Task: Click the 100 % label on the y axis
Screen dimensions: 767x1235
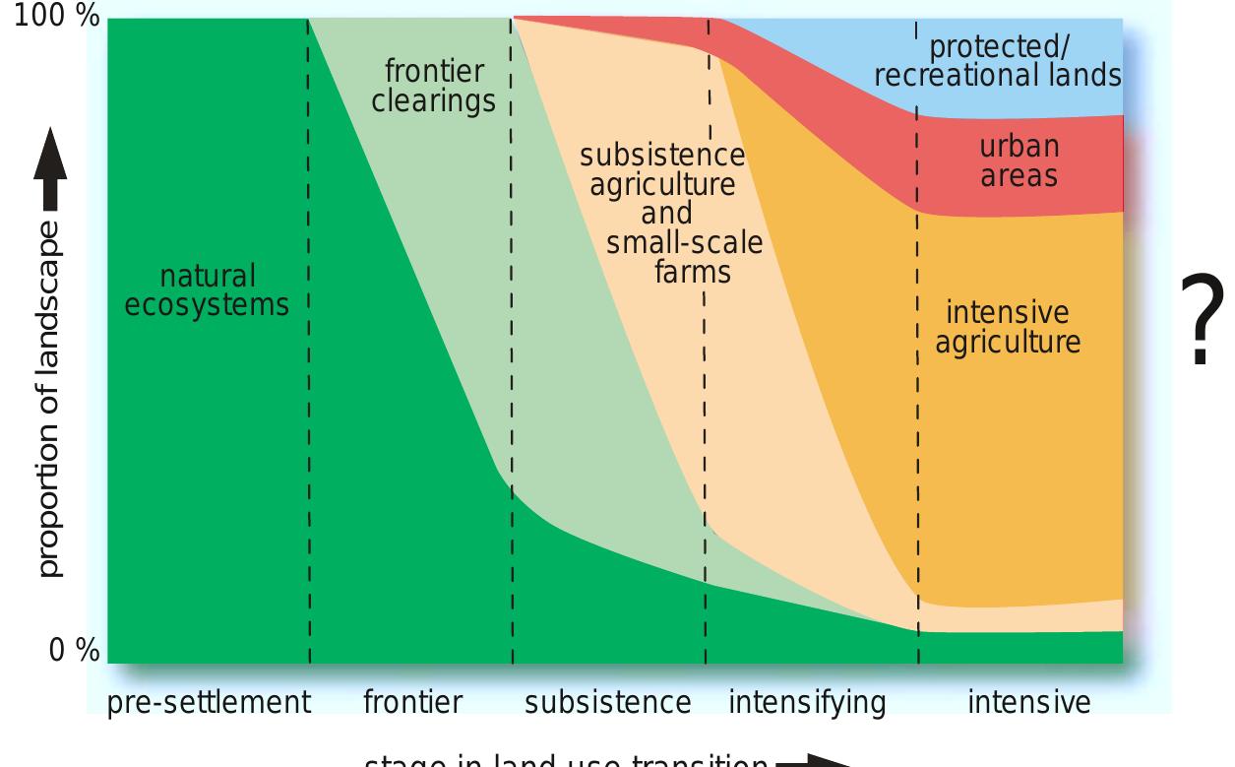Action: [x=56, y=21]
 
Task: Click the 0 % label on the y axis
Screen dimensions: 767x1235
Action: [x=74, y=651]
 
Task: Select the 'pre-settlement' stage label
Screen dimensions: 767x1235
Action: [x=208, y=703]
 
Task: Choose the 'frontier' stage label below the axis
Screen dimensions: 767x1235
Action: [x=412, y=703]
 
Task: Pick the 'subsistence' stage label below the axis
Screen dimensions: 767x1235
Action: [x=607, y=703]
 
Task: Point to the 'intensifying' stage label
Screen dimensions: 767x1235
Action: [x=807, y=703]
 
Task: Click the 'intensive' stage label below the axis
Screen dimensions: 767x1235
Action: [x=1028, y=703]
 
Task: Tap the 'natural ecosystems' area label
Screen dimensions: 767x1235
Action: [x=207, y=290]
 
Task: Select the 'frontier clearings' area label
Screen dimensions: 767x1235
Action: [x=433, y=87]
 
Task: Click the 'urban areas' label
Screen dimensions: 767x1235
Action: [x=1019, y=160]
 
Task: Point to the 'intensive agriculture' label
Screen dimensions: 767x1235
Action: [x=1007, y=327]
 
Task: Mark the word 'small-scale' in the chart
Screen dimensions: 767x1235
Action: [x=684, y=242]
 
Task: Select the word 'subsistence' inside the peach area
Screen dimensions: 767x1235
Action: [x=662, y=156]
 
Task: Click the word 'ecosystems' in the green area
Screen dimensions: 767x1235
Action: [x=207, y=304]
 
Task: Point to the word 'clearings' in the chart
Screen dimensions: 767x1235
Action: [x=433, y=100]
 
